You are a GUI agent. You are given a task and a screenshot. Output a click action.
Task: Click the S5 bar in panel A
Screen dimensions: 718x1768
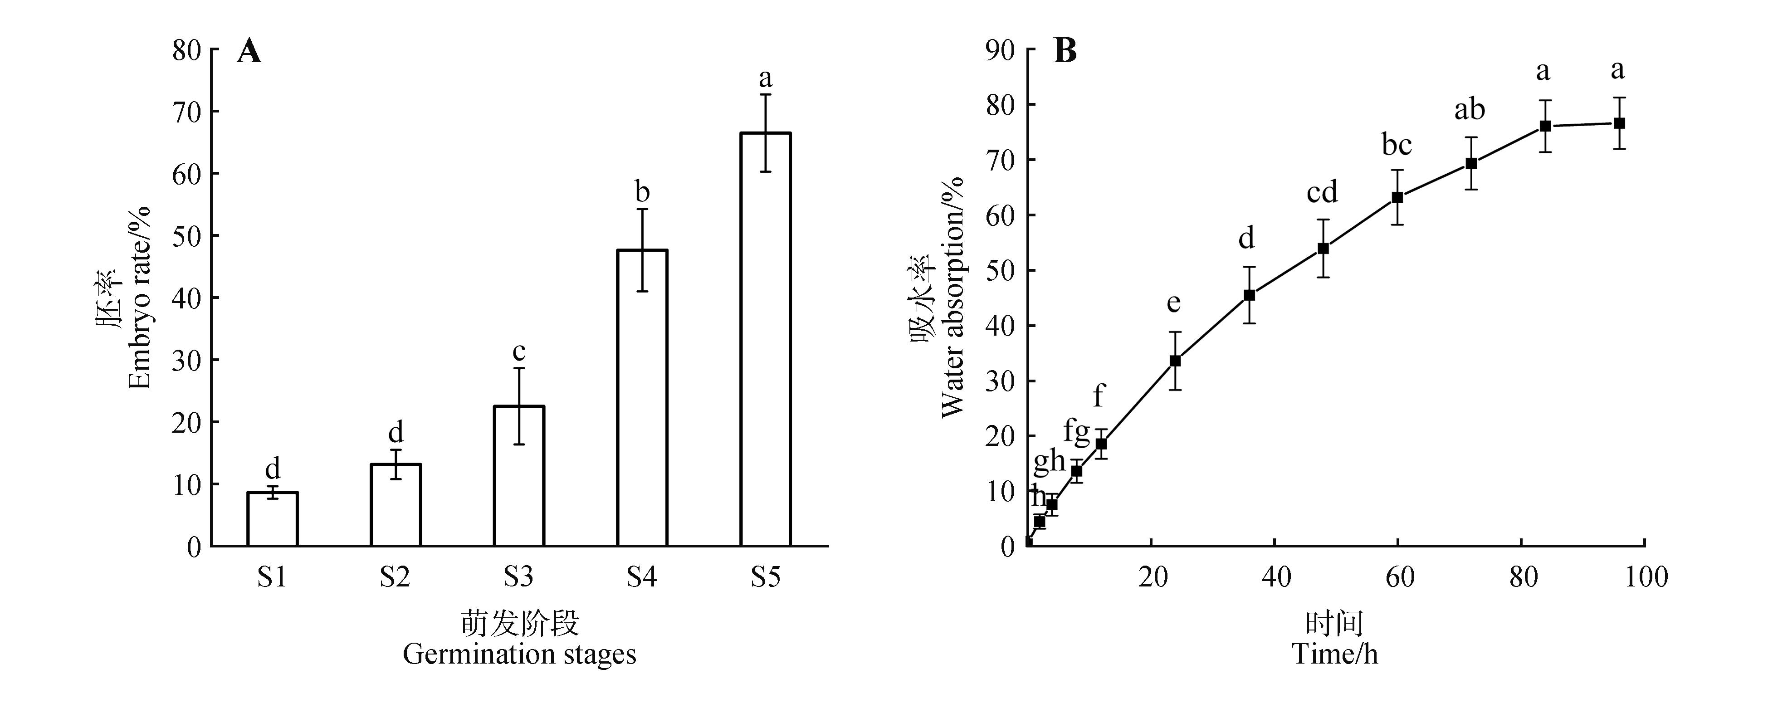[765, 339]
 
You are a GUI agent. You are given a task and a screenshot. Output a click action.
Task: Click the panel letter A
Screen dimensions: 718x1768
[249, 52]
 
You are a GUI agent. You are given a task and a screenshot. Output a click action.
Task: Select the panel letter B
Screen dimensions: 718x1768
[1065, 52]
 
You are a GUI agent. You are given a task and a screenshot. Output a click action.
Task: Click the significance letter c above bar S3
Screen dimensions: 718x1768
[519, 352]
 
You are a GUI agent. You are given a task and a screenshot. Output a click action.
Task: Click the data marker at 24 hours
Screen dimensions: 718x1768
[1175, 361]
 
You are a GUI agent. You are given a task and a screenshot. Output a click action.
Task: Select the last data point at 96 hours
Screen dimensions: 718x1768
[1619, 123]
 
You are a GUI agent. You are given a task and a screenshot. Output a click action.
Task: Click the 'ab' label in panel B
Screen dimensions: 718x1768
[1470, 110]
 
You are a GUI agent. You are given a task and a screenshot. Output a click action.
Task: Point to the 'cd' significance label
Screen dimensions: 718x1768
[1322, 193]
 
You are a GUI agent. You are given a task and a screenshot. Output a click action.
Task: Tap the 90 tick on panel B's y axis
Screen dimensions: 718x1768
[999, 50]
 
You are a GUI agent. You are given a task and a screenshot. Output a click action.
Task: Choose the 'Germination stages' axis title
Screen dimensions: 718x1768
[519, 654]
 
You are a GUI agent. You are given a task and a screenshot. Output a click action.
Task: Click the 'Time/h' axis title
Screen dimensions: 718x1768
[1335, 654]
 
